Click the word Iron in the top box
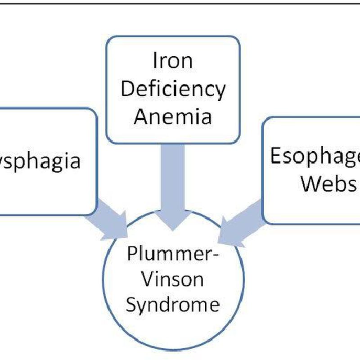pos(173,62)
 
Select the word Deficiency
pos(173,90)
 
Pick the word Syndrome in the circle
pos(173,305)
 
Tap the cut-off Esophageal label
pos(315,156)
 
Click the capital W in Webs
pos(310,183)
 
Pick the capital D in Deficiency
pos(127,89)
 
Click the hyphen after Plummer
pos(216,256)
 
